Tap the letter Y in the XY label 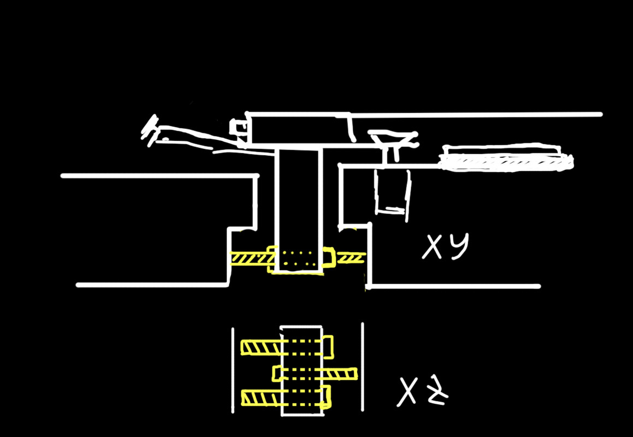coord(458,246)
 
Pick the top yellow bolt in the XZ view coord(287,346)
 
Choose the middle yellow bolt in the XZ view coord(315,374)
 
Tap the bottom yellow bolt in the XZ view coord(286,397)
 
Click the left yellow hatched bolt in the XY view coord(251,258)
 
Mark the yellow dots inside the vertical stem coord(298,258)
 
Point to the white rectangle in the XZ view coord(301,370)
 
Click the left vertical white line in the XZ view coord(233,370)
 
